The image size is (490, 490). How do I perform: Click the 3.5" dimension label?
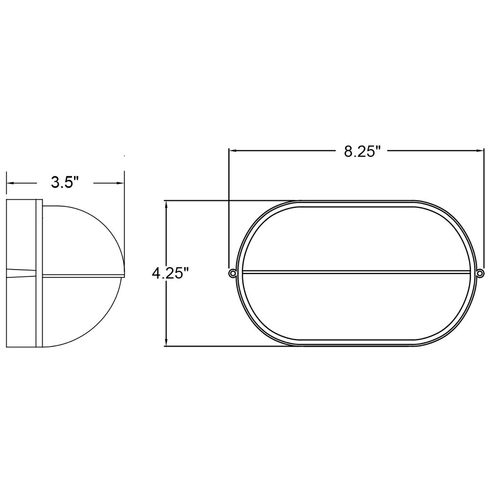65,182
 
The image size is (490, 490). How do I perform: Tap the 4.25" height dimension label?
171,274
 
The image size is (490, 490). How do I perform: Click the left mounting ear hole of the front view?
232,273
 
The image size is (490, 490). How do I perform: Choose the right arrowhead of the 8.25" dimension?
479,150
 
